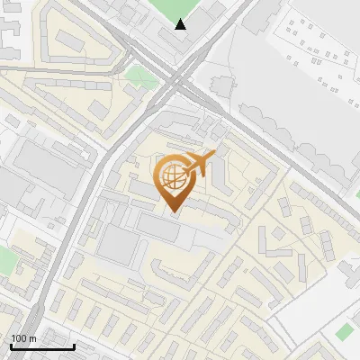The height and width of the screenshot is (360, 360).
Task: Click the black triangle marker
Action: [x=181, y=24]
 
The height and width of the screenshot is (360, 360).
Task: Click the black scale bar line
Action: [x=42, y=346]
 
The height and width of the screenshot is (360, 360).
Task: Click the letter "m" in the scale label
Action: [x=33, y=338]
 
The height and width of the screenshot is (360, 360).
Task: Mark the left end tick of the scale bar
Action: [x=11, y=345]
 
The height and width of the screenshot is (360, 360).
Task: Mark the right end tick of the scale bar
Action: [x=74, y=345]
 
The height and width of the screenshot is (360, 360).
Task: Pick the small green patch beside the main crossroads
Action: [x=139, y=76]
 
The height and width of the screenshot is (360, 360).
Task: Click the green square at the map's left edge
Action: [x=6, y=261]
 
